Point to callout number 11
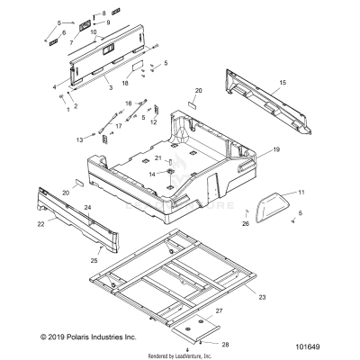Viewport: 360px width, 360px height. point(301,192)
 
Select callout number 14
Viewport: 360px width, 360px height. point(153,173)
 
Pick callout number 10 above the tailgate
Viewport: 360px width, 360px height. point(94,32)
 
